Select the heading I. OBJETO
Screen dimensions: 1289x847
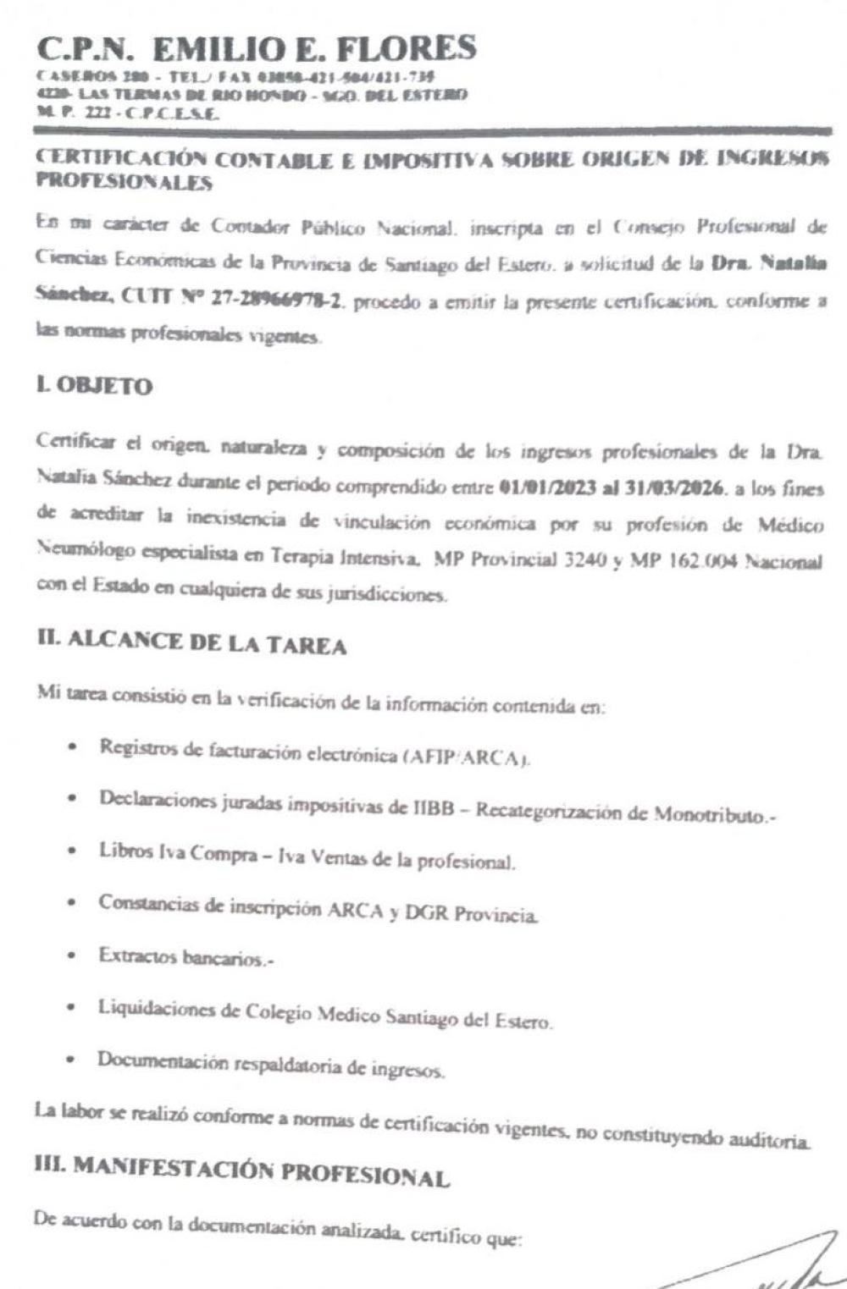click(94, 387)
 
